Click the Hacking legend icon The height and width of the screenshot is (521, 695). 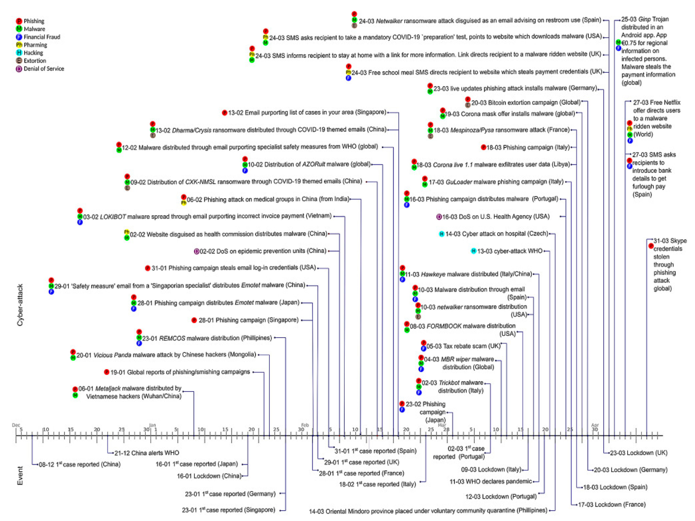point(19,52)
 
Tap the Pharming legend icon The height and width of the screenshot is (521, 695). point(19,45)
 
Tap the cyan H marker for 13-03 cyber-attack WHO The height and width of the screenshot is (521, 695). point(473,251)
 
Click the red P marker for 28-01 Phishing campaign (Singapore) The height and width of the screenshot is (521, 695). point(194,320)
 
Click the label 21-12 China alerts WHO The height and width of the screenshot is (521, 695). point(146,453)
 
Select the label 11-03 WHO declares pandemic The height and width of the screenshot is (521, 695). point(491,481)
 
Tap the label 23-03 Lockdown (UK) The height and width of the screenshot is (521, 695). point(638,453)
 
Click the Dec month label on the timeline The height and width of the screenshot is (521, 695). point(16,425)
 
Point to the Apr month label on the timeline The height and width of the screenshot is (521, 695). point(595,425)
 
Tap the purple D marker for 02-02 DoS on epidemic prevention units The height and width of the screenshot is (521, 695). point(196,251)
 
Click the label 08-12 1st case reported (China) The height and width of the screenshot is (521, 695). point(79,464)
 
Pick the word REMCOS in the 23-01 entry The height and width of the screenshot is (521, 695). point(172,338)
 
